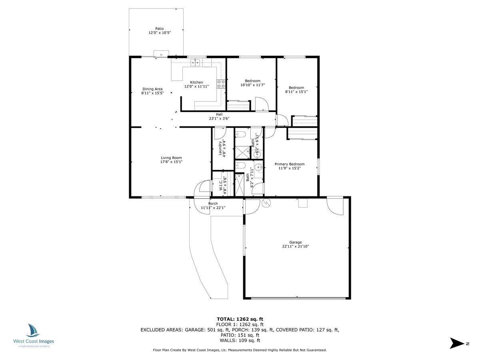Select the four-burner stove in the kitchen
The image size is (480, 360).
[x=221, y=84]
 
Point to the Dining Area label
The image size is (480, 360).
[x=152, y=89]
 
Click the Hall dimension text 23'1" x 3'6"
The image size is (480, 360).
[x=219, y=118]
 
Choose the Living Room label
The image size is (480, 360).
[x=171, y=158]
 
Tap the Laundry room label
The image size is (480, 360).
[x=220, y=148]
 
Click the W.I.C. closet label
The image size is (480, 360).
[x=220, y=185]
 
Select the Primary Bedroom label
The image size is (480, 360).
[x=289, y=164]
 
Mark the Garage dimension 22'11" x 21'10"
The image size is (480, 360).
[x=296, y=246]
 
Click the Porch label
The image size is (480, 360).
[x=213, y=204]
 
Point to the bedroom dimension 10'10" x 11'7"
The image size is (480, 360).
[x=252, y=85]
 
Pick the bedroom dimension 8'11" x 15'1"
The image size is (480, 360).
[x=296, y=92]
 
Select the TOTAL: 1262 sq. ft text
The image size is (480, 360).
[x=240, y=319]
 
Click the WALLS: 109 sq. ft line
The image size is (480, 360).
[x=240, y=340]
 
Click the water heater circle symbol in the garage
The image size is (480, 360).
[x=266, y=203]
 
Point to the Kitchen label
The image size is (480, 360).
[x=196, y=82]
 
